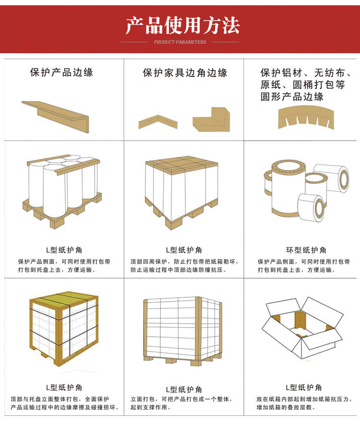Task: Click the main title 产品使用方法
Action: tap(182, 25)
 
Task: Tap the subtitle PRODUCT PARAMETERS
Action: tap(180, 42)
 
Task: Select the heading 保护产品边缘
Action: tap(61, 72)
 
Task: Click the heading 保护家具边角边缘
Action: tap(185, 73)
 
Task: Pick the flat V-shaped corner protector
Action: tap(158, 121)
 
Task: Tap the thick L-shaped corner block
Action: tap(208, 120)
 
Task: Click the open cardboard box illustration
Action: tap(302, 326)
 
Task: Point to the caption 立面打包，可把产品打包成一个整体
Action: tap(184, 399)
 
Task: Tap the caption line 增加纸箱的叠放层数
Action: tap(286, 407)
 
